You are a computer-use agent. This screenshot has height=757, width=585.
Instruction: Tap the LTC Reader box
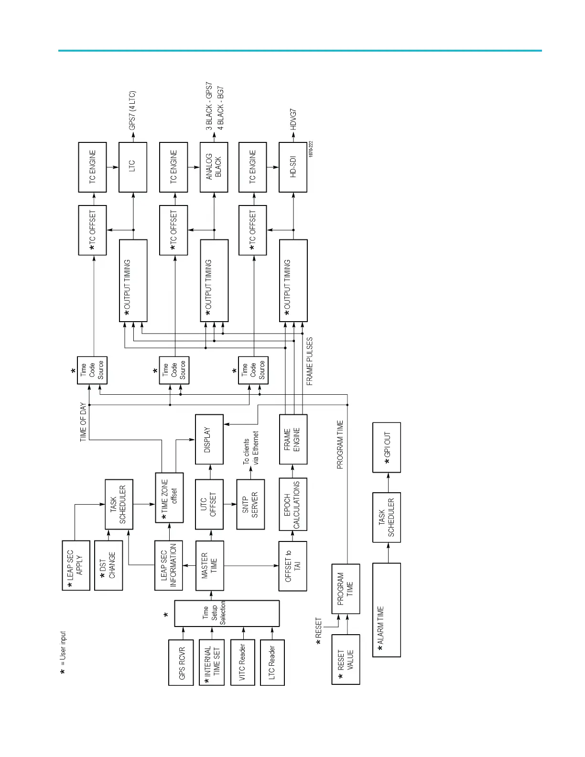point(272,663)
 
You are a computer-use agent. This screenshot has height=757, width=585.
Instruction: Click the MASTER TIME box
point(209,566)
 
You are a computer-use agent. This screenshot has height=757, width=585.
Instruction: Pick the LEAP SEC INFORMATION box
point(169,565)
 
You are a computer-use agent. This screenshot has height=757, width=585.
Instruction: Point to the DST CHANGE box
point(108,565)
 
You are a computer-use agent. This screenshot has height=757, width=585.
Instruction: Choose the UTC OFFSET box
point(209,504)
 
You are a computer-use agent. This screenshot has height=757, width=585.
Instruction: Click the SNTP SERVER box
point(250,504)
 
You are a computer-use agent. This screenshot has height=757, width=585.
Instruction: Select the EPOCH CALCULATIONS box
point(293,504)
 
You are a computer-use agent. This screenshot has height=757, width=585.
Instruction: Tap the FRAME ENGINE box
point(293,439)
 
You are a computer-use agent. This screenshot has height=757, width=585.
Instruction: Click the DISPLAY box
point(209,439)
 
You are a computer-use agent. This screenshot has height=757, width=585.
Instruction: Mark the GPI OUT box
point(387,447)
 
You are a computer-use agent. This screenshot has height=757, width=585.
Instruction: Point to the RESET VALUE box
point(346,660)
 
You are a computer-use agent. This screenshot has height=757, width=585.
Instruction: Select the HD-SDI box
point(293,167)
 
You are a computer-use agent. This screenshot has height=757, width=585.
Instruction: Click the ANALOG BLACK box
point(214,167)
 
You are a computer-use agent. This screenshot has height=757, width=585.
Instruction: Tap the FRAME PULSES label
point(310,361)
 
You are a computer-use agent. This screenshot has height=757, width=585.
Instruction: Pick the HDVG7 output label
point(293,119)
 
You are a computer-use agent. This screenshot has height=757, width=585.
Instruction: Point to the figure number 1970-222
point(311,150)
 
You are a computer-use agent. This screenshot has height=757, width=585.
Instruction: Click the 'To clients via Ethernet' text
point(250,448)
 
